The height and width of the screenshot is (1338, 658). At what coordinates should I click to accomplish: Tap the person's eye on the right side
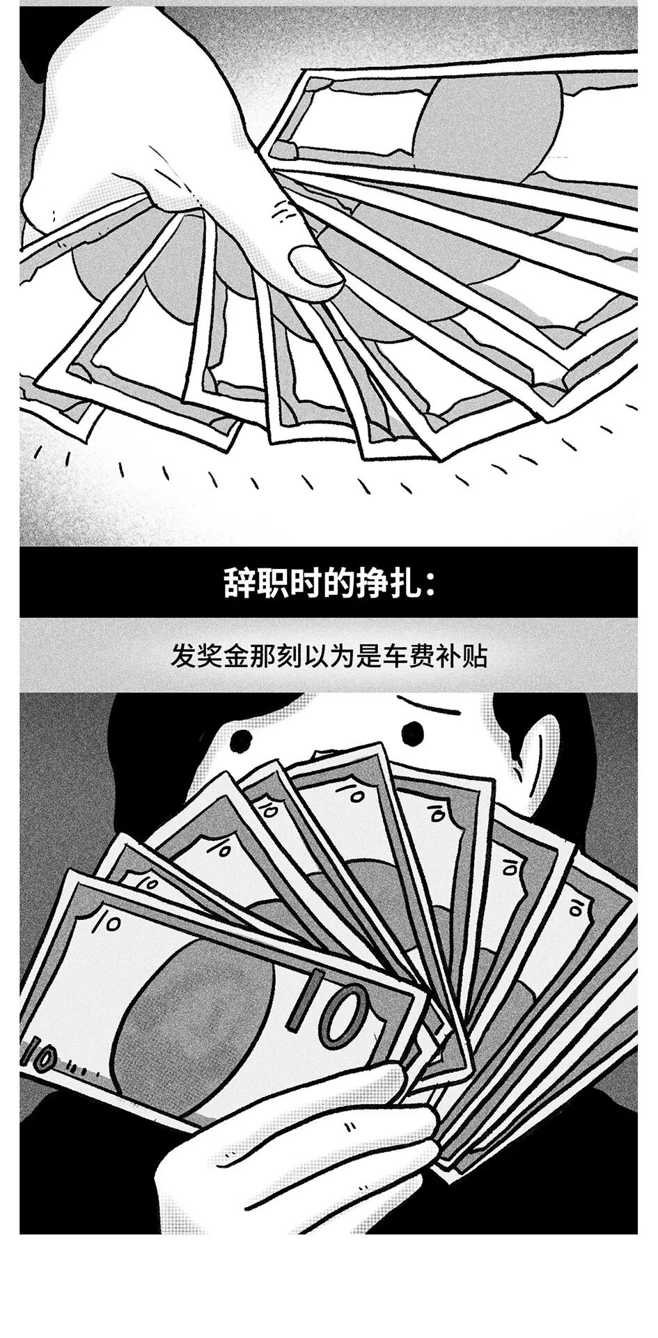pyautogui.click(x=412, y=731)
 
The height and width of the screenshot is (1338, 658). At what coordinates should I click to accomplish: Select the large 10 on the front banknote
pyautogui.click(x=327, y=1007)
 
